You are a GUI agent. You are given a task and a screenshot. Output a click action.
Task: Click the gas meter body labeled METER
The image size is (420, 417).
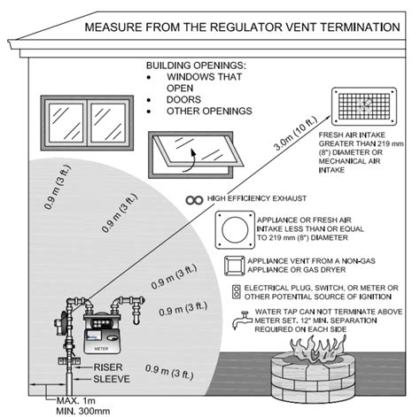102,334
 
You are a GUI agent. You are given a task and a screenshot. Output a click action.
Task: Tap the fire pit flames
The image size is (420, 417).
318,351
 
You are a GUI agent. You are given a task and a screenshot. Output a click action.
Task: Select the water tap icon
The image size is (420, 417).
242,320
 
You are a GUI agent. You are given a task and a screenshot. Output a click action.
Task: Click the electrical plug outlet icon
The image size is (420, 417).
237,292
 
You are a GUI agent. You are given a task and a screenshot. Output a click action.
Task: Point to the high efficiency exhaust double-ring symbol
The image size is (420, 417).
194,200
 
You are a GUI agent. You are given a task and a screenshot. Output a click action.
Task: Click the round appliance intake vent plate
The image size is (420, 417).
235,230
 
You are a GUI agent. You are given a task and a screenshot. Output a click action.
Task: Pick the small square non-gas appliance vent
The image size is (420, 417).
235,266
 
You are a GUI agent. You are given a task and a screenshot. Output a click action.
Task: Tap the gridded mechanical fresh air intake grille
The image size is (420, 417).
364,106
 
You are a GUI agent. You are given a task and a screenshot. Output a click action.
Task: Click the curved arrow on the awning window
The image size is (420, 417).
190,161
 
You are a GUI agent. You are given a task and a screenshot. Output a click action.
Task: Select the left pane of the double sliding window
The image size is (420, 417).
66,123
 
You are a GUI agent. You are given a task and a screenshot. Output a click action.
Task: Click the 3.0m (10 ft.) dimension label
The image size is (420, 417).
296,133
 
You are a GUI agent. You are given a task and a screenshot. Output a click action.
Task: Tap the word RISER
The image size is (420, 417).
108,367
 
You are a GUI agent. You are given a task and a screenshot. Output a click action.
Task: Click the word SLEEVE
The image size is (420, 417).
112,379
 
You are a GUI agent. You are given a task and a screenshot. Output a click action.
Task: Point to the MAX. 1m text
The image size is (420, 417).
76,401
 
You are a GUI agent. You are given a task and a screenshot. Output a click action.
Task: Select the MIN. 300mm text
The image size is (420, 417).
83,411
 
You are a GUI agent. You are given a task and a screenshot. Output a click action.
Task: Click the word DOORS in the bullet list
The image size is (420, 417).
183,100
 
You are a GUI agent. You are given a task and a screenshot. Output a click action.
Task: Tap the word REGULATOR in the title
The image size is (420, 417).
246,27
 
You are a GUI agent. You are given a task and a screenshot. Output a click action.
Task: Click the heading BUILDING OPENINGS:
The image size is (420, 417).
196,66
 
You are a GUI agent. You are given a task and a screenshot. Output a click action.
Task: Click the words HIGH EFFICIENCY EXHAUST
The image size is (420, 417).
257,198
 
